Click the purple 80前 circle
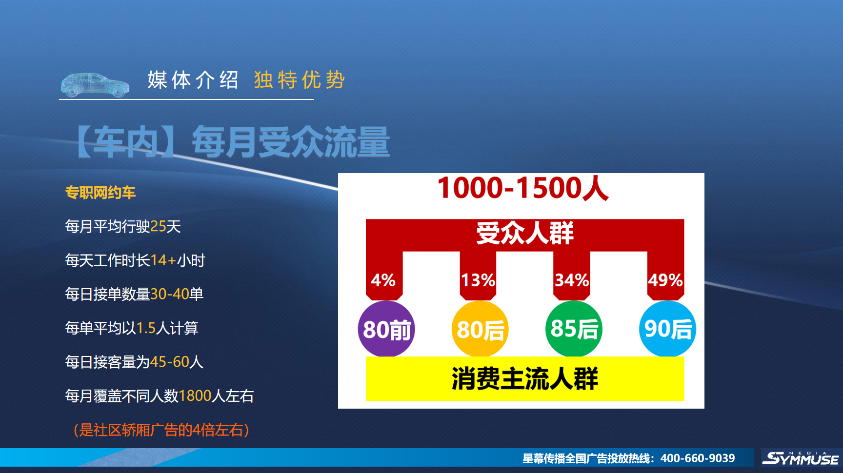tap(386, 329)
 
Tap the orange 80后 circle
tap(480, 329)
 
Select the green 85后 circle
tap(574, 329)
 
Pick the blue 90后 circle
tap(667, 329)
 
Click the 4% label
tap(383, 280)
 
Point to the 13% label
tap(478, 280)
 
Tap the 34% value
tap(572, 280)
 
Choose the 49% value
tap(665, 280)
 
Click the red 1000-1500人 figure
tap(523, 188)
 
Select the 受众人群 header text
tap(525, 233)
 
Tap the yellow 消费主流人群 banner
tap(525, 379)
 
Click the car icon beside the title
tap(95, 85)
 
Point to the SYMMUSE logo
tap(800, 458)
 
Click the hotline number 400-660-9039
tap(698, 458)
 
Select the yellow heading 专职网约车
tap(100, 193)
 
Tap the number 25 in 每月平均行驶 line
tap(159, 226)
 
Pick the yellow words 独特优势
tap(299, 80)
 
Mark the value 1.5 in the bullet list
tap(146, 328)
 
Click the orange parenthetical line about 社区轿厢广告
tap(161, 430)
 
